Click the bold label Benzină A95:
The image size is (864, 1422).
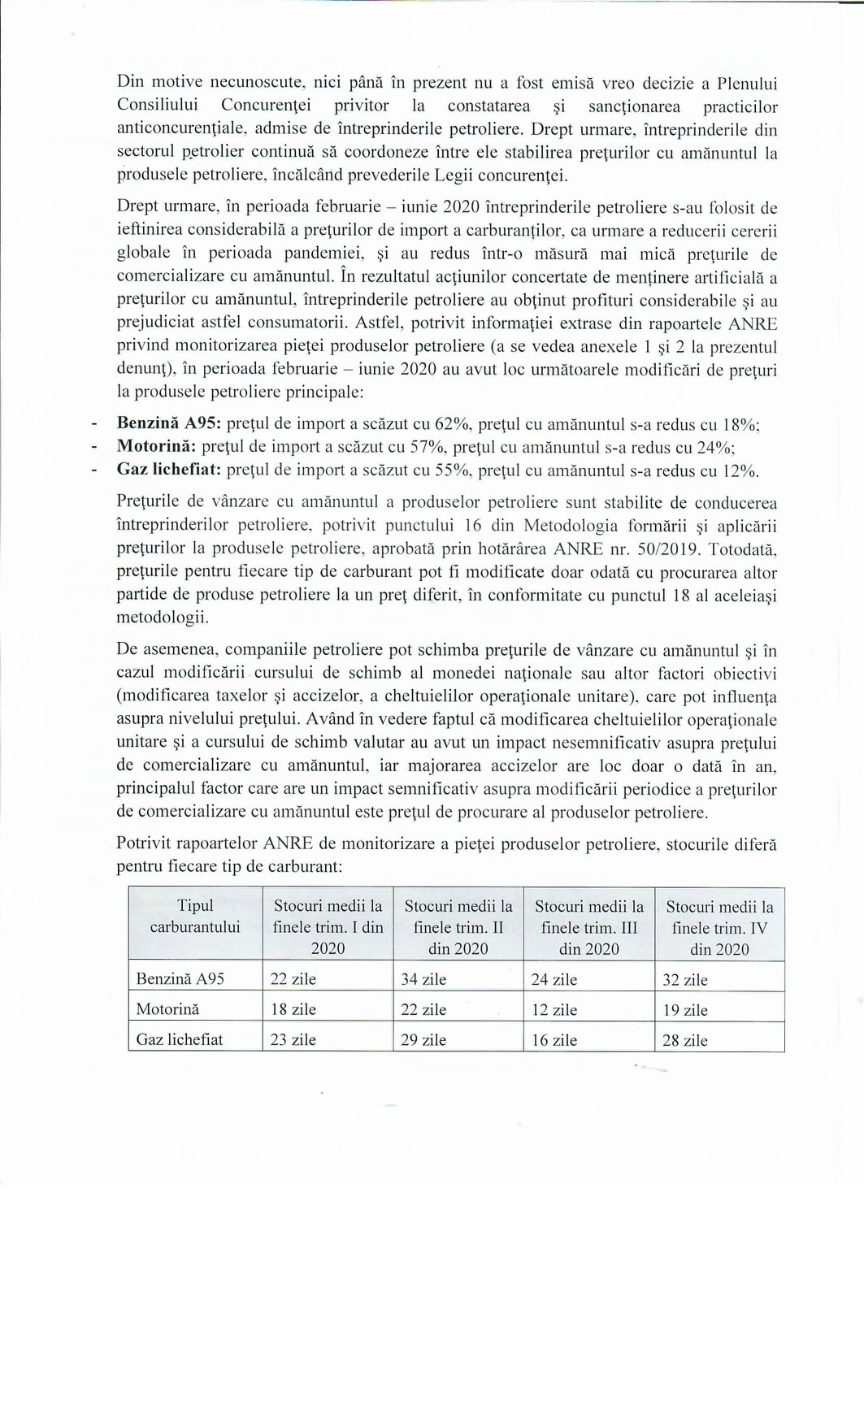point(169,423)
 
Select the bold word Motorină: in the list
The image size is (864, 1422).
point(156,446)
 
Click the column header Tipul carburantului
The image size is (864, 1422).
point(195,916)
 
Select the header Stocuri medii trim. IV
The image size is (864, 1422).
point(719,927)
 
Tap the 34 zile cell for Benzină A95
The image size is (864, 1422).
point(423,979)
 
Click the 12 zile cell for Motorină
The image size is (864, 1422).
point(554,1009)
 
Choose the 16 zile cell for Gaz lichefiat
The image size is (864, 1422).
point(554,1039)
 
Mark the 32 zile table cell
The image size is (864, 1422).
point(684,979)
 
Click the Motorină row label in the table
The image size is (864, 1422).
point(167,1009)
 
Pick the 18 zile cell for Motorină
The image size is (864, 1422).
point(293,1009)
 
